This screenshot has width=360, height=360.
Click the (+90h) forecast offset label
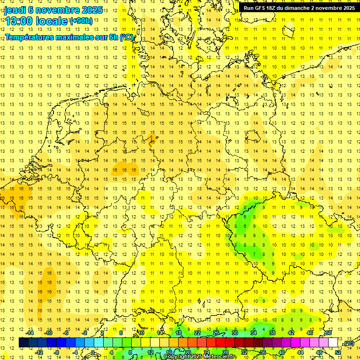[81, 21]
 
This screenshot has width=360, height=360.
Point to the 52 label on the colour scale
[338, 352]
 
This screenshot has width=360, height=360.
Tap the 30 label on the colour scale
[234, 333]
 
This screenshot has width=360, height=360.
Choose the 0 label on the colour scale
[93, 352]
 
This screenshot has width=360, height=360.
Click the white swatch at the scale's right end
[333, 343]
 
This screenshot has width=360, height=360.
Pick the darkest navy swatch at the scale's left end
[23, 343]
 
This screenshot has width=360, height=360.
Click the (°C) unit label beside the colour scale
[348, 344]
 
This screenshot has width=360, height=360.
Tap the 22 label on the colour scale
[197, 333]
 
